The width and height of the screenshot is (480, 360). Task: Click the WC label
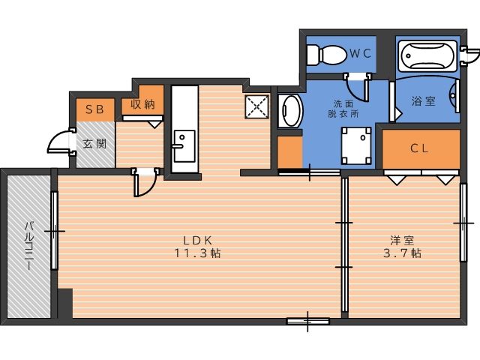point(360,53)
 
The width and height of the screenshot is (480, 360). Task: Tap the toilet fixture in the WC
point(325,55)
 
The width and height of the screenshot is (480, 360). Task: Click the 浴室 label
point(423,101)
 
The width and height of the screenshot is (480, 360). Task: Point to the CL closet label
point(419,148)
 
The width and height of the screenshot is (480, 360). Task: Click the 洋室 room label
point(402,240)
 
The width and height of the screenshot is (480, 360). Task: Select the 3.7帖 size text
point(402,253)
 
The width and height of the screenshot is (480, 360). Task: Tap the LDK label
point(197,240)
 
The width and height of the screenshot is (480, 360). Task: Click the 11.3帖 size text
point(197,253)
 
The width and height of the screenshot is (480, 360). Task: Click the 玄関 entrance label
point(95,143)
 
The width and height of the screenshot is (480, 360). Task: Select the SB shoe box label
point(94,109)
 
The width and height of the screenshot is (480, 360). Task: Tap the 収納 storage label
point(142,104)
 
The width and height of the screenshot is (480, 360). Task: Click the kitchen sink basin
point(184,146)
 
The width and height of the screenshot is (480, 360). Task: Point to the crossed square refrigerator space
point(257,106)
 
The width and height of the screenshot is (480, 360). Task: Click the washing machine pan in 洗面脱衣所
point(356,145)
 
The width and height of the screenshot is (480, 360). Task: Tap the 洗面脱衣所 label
point(343,108)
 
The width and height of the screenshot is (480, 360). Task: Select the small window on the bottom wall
point(307,321)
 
